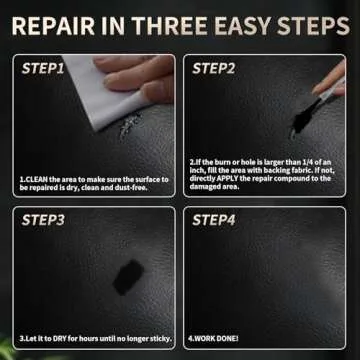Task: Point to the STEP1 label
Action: pyautogui.click(x=43, y=69)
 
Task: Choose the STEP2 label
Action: pyautogui.click(x=213, y=69)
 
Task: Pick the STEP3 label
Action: pyautogui.click(x=43, y=219)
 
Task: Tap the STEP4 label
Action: pyautogui.click(x=213, y=219)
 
